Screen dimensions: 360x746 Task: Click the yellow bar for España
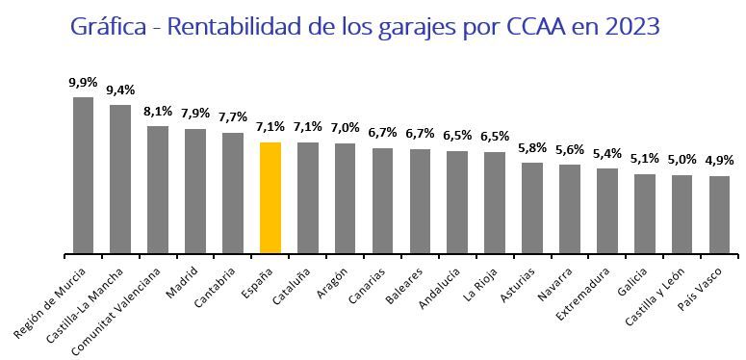pyautogui.click(x=270, y=197)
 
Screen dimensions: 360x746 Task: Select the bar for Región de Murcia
pyautogui.click(x=83, y=174)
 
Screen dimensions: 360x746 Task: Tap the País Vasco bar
pyautogui.click(x=719, y=214)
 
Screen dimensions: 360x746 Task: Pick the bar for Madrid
pyautogui.click(x=195, y=191)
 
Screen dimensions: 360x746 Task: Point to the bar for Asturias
pyautogui.click(x=532, y=207)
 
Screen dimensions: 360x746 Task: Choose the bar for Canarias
pyautogui.click(x=382, y=200)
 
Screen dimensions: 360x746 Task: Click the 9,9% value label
pyautogui.click(x=83, y=83)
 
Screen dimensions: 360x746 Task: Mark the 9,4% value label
pyautogui.click(x=120, y=90)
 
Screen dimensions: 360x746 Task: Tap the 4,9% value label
pyautogui.click(x=719, y=162)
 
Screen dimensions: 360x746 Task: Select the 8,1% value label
pyautogui.click(x=158, y=112)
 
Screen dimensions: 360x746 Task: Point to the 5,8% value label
pyautogui.click(x=532, y=148)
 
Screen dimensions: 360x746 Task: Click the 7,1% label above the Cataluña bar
pyautogui.click(x=308, y=128)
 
